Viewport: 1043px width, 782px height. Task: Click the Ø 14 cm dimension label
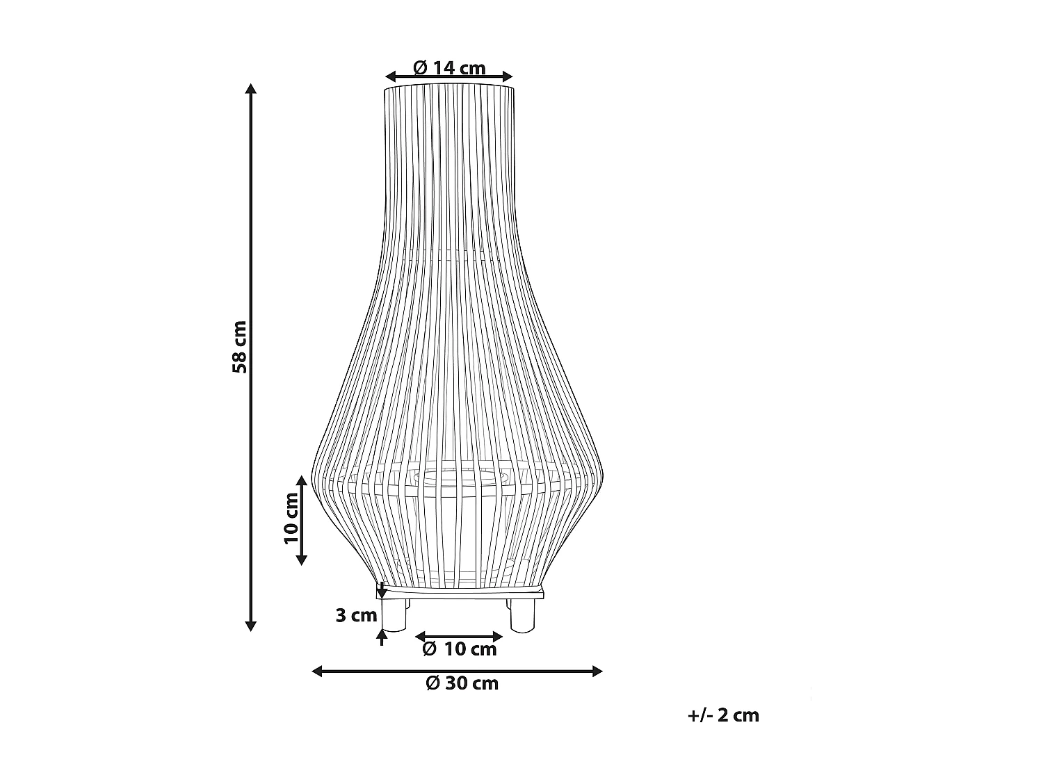(x=448, y=67)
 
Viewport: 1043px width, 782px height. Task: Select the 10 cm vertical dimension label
(x=291, y=518)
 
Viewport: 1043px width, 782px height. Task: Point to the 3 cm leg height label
(x=356, y=615)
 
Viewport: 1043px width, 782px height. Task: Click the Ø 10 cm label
(x=460, y=649)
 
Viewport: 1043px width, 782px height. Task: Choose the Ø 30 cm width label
(x=462, y=683)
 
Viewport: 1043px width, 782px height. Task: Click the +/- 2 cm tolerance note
(x=723, y=715)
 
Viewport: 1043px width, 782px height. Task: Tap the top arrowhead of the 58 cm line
(x=251, y=88)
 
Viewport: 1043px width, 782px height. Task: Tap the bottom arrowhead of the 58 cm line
(x=251, y=626)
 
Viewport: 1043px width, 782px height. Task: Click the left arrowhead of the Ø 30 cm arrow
(x=317, y=671)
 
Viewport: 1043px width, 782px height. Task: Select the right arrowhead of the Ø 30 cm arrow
(x=597, y=671)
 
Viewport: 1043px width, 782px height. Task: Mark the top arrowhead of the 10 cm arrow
(x=301, y=480)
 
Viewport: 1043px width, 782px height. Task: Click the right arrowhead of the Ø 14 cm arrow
(x=508, y=76)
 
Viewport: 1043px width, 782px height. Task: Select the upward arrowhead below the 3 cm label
(x=381, y=633)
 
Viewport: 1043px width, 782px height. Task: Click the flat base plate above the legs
(x=460, y=592)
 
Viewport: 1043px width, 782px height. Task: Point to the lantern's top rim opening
(x=449, y=87)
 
